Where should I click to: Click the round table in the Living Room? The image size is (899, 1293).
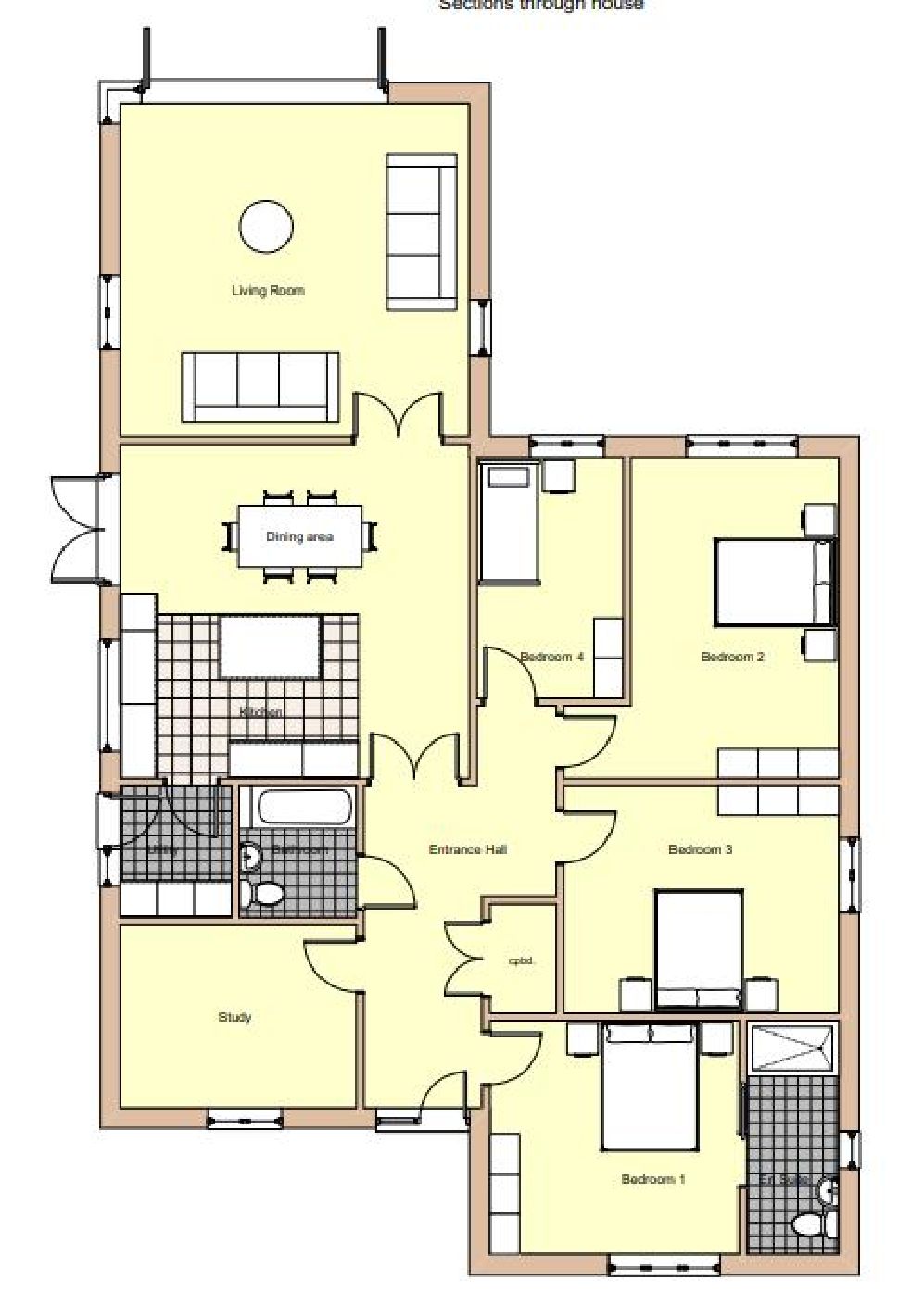[x=267, y=226]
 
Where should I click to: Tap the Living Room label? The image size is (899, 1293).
[x=268, y=291]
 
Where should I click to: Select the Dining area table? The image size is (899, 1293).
[x=299, y=536]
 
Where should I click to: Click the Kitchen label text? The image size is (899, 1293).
[x=261, y=711]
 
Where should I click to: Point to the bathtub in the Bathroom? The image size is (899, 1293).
[x=305, y=807]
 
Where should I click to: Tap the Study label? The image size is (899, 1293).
[x=234, y=1017]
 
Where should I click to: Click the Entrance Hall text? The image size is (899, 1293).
[x=467, y=848]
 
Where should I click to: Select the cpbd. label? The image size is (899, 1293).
[x=522, y=961]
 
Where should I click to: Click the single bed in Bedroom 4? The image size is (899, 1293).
[x=509, y=524]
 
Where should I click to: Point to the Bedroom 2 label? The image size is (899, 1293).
[x=732, y=657]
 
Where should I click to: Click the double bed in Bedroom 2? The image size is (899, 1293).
[x=774, y=582]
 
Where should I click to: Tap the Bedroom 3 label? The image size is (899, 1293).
[x=701, y=848]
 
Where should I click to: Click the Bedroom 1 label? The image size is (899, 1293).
[x=652, y=1179]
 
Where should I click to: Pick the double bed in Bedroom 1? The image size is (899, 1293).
[x=650, y=1084]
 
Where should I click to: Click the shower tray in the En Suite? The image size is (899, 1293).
[x=792, y=1048]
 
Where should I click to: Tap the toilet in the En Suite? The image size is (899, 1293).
[x=807, y=1224]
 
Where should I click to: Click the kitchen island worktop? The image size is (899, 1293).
[x=271, y=646]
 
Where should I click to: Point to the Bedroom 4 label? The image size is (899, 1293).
[x=551, y=657]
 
